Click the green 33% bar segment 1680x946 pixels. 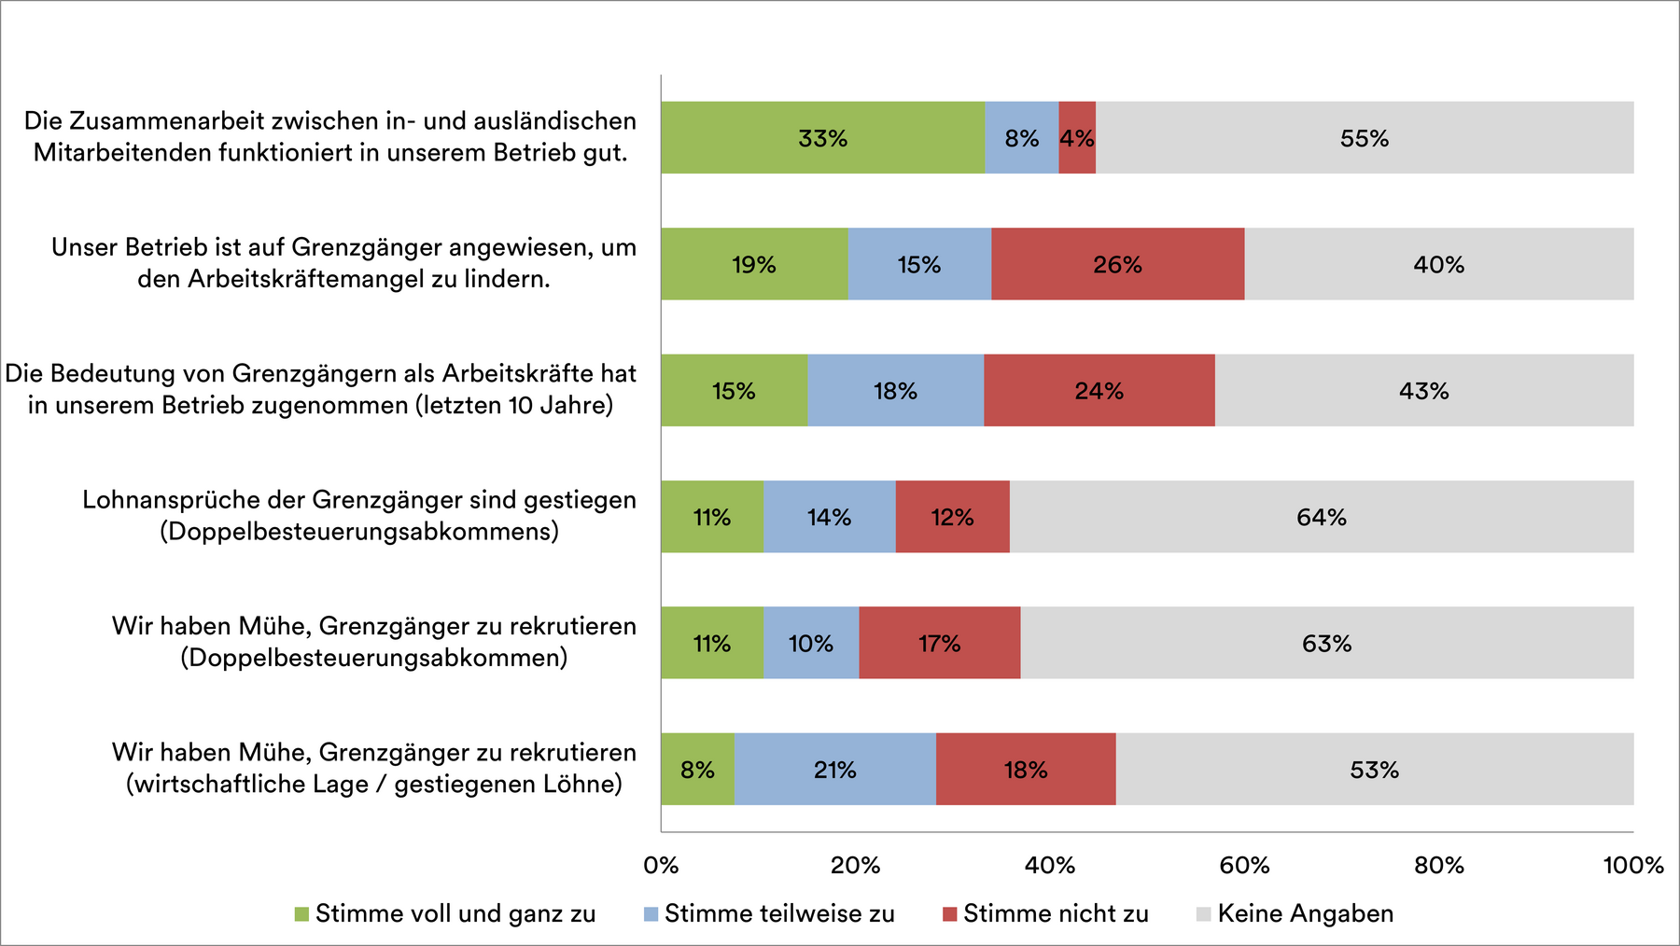click(822, 138)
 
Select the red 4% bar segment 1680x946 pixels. click(1077, 138)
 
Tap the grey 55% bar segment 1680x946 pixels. click(1365, 138)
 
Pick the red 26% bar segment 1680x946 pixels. click(1117, 264)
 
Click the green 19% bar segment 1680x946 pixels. click(754, 264)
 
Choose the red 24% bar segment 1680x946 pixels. click(1099, 391)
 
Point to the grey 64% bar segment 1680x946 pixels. click(1321, 517)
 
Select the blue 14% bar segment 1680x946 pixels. click(829, 517)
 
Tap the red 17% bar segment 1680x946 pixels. click(939, 644)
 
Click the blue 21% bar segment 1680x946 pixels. click(834, 770)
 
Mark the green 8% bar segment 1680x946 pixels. click(697, 770)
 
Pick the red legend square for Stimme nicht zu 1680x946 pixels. click(949, 914)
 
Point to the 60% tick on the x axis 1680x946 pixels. click(1244, 865)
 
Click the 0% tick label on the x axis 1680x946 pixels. click(661, 865)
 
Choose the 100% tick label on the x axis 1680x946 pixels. click(1632, 865)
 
